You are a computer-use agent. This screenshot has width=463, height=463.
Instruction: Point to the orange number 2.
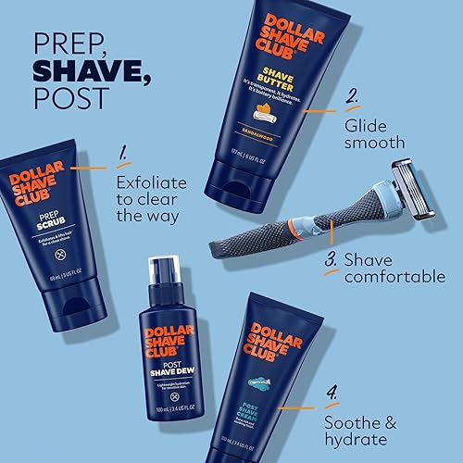(x=351, y=97)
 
